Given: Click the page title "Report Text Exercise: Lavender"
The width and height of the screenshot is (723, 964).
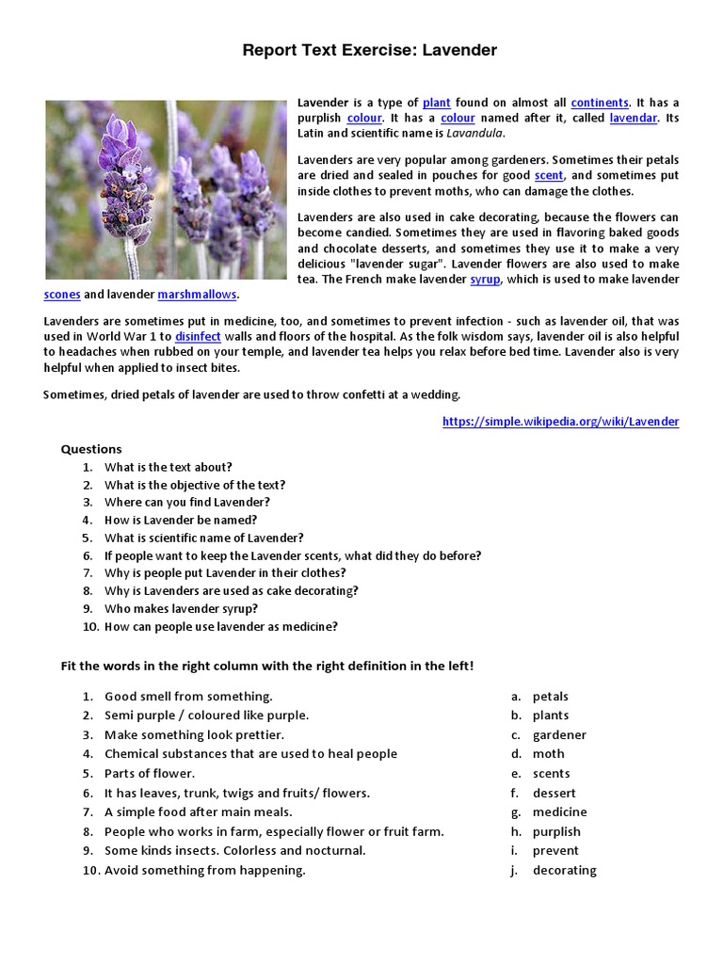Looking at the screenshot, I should point(369,50).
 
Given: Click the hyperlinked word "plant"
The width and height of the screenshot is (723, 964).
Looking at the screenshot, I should point(436,102).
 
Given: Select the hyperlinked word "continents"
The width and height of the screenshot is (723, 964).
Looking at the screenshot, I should point(600,102).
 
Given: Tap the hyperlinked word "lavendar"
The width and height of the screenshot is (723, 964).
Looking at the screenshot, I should point(633,118).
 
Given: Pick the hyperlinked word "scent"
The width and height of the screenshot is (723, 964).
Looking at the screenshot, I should point(548,175).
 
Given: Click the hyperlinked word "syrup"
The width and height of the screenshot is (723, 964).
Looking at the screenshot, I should point(486,280).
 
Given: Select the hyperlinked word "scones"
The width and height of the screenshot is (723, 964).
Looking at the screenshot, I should point(62,295).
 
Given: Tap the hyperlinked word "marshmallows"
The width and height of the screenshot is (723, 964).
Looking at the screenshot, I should point(197,295).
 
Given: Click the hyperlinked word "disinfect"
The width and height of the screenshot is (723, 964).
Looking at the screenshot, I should point(197,336).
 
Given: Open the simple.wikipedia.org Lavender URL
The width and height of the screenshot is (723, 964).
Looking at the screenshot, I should point(560,421).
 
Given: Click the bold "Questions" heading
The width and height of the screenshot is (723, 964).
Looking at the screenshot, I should point(91,449).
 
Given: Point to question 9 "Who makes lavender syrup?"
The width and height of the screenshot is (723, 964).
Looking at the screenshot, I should point(181,608).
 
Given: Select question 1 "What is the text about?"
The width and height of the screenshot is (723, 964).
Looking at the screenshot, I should point(168,467).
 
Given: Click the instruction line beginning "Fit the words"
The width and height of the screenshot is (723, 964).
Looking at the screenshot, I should point(267,666).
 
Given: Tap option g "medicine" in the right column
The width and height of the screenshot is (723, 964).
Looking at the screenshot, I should point(559,811).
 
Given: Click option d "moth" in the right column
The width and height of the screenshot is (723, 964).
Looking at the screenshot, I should point(548,753).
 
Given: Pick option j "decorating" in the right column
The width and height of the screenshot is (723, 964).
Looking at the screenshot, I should point(564,870).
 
